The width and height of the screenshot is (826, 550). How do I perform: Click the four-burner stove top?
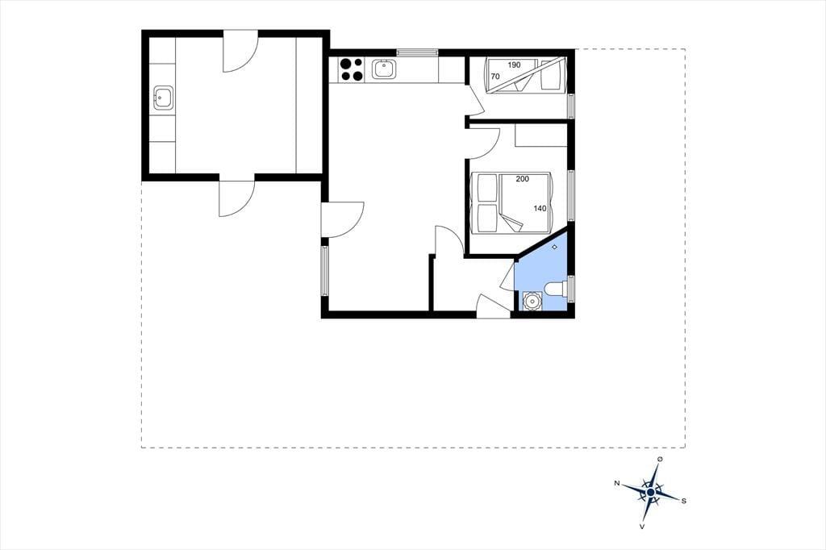(x=352, y=69)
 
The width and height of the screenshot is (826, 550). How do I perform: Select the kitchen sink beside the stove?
(x=383, y=69)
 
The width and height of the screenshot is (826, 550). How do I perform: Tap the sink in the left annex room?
(x=163, y=98)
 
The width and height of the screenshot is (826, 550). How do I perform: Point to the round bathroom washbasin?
(x=532, y=302)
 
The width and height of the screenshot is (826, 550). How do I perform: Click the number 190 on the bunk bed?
(x=514, y=65)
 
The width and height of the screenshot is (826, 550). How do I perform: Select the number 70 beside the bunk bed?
(x=495, y=77)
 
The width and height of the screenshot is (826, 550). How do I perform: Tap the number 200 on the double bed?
(x=522, y=179)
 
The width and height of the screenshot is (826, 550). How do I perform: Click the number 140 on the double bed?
(x=540, y=208)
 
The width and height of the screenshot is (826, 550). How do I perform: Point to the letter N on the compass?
(x=616, y=482)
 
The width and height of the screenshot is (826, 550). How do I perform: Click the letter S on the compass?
(x=684, y=501)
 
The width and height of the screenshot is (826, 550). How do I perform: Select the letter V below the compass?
(x=641, y=527)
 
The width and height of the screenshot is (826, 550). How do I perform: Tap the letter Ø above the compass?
(x=660, y=460)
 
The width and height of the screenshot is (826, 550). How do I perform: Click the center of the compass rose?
(x=651, y=492)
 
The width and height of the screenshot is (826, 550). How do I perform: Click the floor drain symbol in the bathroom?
(x=554, y=247)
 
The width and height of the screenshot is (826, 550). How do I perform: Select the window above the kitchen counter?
(x=417, y=52)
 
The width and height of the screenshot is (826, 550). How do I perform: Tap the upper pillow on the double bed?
(x=487, y=188)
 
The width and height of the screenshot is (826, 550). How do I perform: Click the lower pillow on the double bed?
(x=487, y=218)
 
